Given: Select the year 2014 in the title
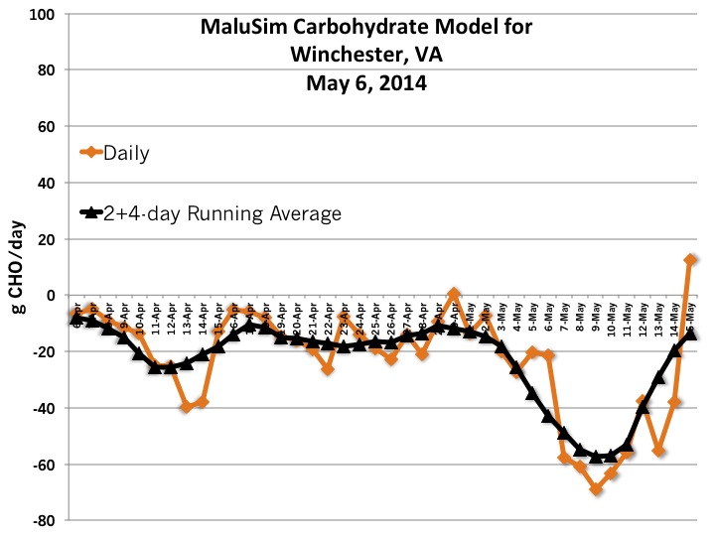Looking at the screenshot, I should tap(397, 83).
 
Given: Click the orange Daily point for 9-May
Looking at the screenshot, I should tap(596, 488).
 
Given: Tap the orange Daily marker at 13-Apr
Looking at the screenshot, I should tap(186, 407).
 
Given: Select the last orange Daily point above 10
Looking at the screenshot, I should tap(690, 260).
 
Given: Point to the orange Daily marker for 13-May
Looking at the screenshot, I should tap(658, 451).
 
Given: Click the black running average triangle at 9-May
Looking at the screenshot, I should tap(596, 456).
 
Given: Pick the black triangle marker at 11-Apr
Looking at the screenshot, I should tap(155, 366).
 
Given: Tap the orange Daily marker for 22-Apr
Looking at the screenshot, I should tap(328, 368).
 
